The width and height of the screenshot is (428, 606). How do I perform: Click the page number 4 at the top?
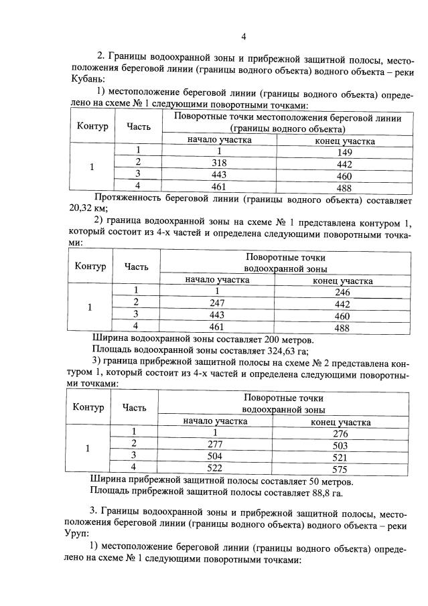[244, 36]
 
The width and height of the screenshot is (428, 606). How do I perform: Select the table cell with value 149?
[344, 152]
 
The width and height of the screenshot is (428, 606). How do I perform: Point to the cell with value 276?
[340, 433]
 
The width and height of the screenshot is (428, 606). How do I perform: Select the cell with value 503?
[340, 445]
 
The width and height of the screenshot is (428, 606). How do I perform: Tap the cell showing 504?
[215, 455]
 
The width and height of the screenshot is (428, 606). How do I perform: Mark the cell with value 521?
[340, 456]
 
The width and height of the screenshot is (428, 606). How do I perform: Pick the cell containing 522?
[215, 467]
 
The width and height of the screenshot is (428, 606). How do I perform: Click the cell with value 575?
[340, 467]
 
